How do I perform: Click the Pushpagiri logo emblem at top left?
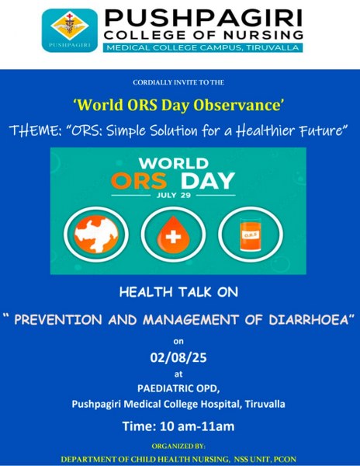[x=70, y=30]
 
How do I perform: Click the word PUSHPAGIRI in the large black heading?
[x=203, y=19]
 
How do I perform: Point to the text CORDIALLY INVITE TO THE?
[x=178, y=82]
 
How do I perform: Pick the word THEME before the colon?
[x=33, y=130]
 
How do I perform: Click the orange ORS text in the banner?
[x=139, y=181]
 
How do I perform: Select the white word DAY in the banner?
[x=208, y=181]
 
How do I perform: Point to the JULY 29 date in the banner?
[x=174, y=195]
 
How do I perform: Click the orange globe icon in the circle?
[x=96, y=235]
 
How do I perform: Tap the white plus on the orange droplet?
[x=173, y=237]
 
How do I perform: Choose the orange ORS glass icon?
[x=251, y=235]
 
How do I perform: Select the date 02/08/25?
[x=178, y=357]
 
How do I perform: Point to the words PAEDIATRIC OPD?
[x=178, y=388]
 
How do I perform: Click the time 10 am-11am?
[x=197, y=426]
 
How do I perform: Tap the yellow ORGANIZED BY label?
[x=178, y=446]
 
